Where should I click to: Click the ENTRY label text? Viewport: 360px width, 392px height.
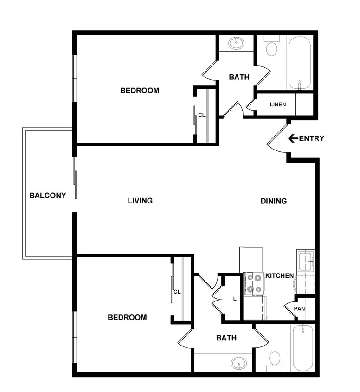tap(312, 138)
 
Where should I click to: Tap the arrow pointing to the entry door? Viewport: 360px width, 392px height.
tap(293, 138)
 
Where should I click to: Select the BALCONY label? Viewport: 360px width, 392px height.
tap(48, 196)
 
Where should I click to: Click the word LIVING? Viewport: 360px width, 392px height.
tap(140, 201)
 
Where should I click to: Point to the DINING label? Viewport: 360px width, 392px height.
tap(274, 201)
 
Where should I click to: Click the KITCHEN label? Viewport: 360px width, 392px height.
tap(279, 276)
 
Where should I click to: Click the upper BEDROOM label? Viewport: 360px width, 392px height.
tap(140, 91)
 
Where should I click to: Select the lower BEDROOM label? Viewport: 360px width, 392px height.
tap(127, 318)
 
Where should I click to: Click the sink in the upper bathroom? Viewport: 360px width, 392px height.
tap(237, 44)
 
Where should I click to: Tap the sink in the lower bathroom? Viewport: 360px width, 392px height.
tap(239, 363)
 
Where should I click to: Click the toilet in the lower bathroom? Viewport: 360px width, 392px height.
tap(275, 359)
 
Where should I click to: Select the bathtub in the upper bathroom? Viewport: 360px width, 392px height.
tap(299, 63)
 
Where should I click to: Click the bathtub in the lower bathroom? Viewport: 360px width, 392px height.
tap(302, 347)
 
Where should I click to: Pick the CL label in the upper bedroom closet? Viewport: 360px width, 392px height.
tap(202, 115)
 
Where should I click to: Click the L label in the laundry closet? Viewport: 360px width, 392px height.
tap(235, 299)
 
